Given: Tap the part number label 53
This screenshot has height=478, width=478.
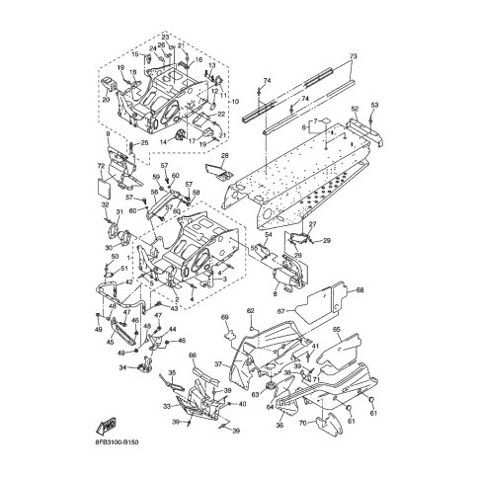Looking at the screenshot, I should click(373, 104).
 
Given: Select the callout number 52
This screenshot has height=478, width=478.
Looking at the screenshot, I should click(354, 109).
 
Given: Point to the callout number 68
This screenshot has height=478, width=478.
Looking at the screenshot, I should click(359, 290).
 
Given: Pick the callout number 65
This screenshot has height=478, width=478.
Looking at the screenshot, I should click(336, 330).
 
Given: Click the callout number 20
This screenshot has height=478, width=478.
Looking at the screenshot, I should click(105, 100).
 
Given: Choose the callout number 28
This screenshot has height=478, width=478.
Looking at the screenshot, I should click(224, 156).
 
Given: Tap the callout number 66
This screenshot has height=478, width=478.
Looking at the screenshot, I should click(194, 355).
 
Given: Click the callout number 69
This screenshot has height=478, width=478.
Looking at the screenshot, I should click(224, 316).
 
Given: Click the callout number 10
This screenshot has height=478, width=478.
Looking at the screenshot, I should click(234, 102).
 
